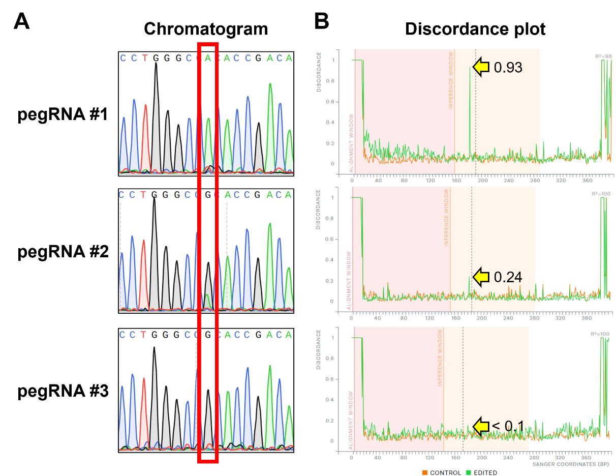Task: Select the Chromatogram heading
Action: point(205,28)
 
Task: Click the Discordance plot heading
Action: point(475,29)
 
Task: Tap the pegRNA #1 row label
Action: point(63,115)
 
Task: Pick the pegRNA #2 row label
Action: point(63,252)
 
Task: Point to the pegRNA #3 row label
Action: point(63,392)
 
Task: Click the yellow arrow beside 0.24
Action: point(481,277)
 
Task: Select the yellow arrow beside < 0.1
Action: point(481,426)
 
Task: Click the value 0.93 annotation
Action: point(508,67)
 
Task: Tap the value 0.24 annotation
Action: point(508,277)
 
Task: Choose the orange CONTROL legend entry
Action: point(442,472)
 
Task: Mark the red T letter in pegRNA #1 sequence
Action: point(145,58)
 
